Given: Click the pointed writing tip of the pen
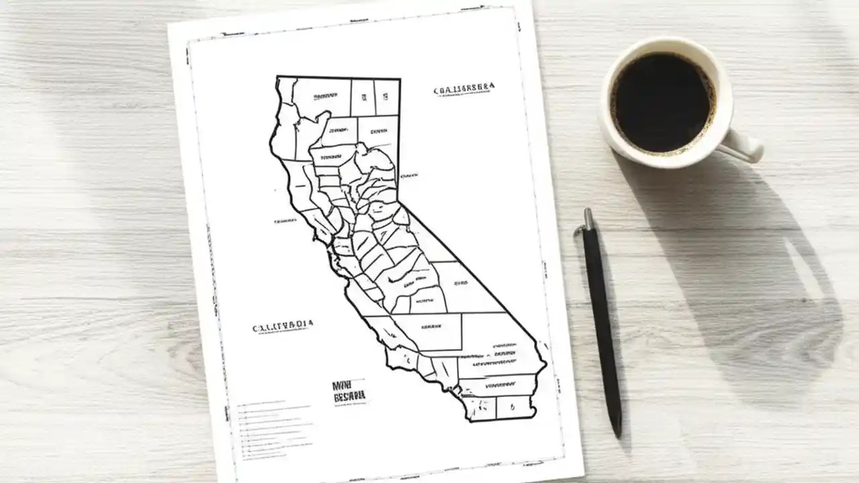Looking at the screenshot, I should (618, 433).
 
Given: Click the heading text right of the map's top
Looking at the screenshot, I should (464, 89).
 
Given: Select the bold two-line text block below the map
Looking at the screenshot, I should (350, 391).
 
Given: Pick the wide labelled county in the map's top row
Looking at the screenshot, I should (321, 97).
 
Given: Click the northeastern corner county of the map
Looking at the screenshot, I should (387, 97).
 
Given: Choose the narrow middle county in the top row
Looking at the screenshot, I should (363, 97).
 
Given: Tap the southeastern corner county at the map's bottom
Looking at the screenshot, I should (513, 406).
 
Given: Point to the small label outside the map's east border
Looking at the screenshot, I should (407, 176).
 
